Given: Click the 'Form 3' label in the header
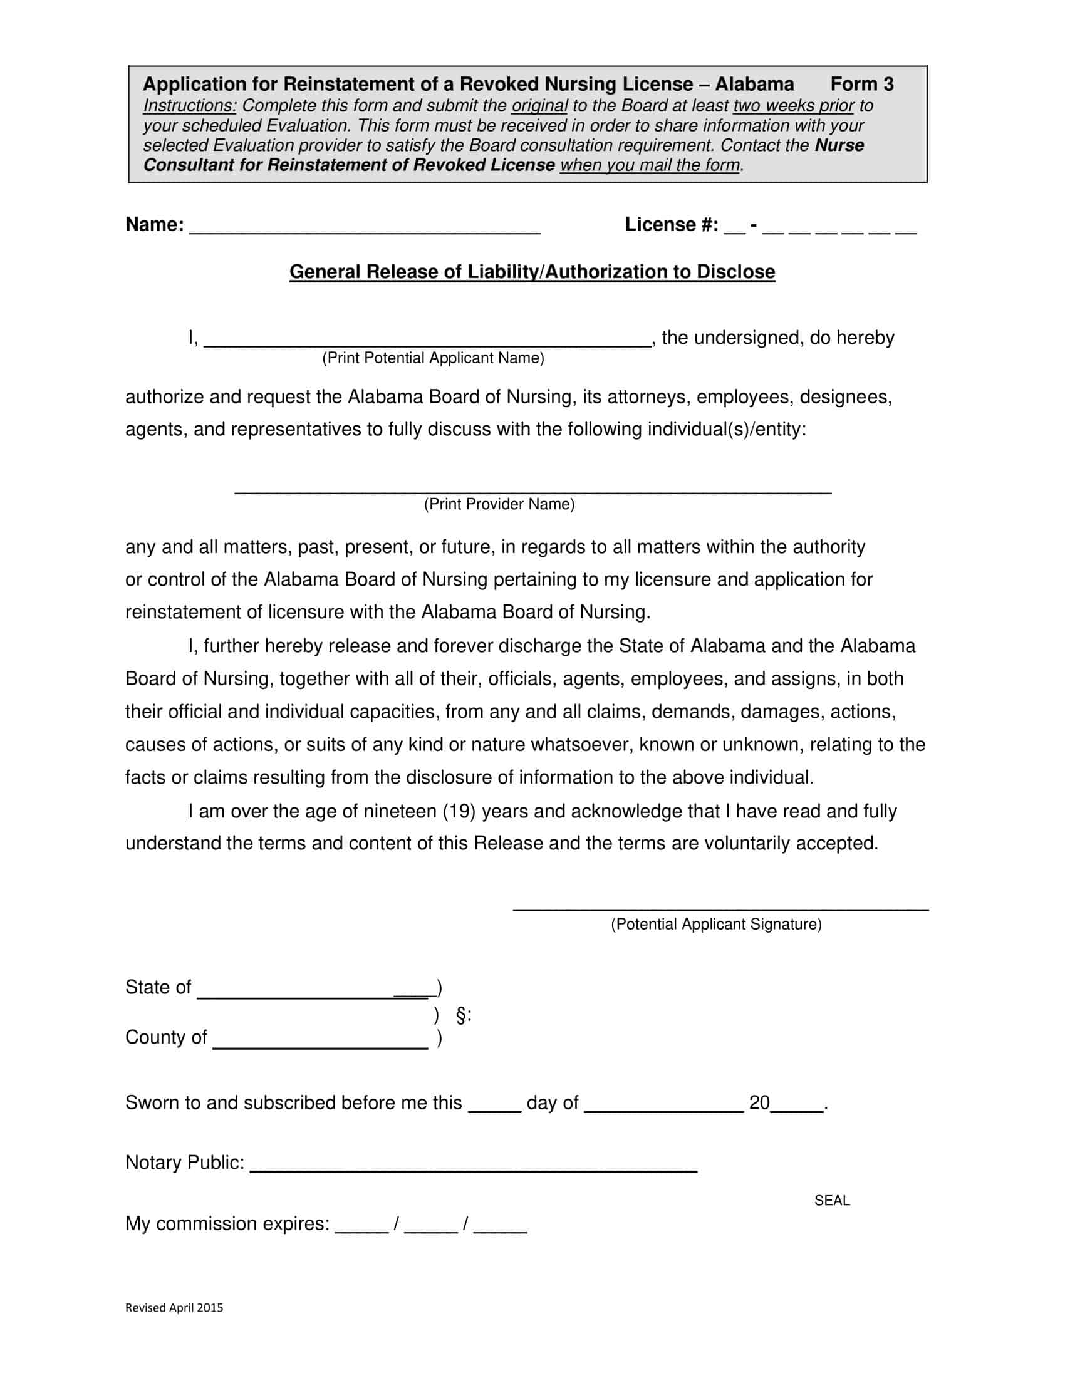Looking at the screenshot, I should [x=861, y=85].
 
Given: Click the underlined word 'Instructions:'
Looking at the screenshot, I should [x=189, y=105].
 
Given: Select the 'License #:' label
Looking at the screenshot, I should [x=672, y=225].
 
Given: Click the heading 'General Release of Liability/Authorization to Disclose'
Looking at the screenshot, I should [x=532, y=272].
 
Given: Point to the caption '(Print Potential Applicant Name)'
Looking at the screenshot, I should [x=433, y=358].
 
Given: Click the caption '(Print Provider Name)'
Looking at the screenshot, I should [x=499, y=504].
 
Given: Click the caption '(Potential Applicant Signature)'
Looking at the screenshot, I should [x=716, y=925].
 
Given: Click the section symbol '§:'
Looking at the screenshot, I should [x=463, y=1015].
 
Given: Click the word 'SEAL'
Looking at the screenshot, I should [x=831, y=1201].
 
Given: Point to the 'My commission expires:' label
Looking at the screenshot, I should [x=227, y=1224].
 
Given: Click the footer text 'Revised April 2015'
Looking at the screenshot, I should [x=174, y=1308].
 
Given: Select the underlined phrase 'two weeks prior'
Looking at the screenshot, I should [x=793, y=105].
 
